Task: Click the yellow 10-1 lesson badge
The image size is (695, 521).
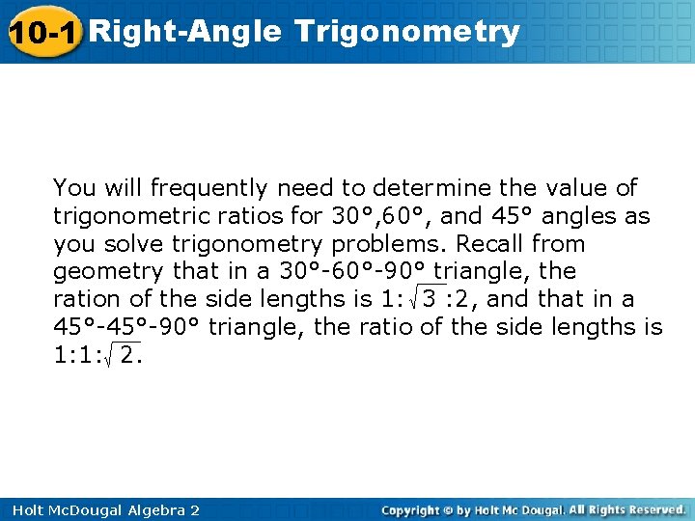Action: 43,33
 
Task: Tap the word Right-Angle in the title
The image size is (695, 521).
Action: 185,32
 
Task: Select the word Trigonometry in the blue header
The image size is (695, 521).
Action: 408,33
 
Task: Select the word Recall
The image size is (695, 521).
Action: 489,243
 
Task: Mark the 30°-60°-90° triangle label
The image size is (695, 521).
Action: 353,271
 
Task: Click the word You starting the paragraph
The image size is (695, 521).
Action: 73,187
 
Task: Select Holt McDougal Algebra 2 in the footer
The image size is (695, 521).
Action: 100,509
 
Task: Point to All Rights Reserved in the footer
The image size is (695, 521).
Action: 626,509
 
